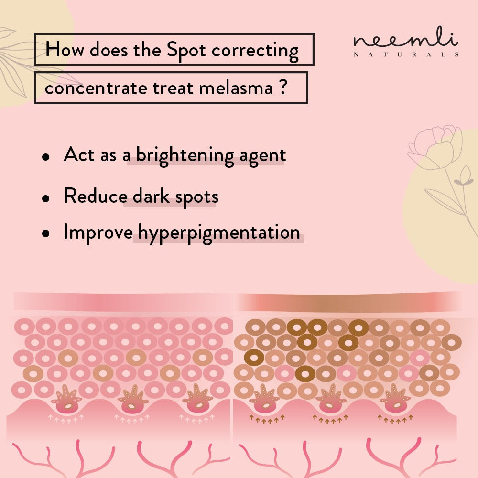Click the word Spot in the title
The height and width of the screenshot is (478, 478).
[x=186, y=50]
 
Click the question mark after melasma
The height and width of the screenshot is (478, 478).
[x=283, y=87]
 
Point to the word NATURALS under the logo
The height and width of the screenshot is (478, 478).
[x=406, y=55]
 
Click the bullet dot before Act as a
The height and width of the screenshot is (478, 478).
[x=46, y=157]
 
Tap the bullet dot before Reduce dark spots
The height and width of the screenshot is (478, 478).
[x=46, y=198]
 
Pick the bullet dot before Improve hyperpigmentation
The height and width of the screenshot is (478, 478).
[x=46, y=234]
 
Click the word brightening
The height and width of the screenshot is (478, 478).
[x=185, y=155]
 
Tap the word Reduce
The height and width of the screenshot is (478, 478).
[x=96, y=196]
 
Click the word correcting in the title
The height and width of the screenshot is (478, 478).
[x=255, y=51]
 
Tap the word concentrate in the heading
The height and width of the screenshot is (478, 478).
[x=96, y=88]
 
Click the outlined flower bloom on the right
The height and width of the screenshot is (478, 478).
[x=435, y=147]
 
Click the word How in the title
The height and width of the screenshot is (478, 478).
[x=65, y=49]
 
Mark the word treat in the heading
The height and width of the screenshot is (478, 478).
[x=173, y=88]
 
